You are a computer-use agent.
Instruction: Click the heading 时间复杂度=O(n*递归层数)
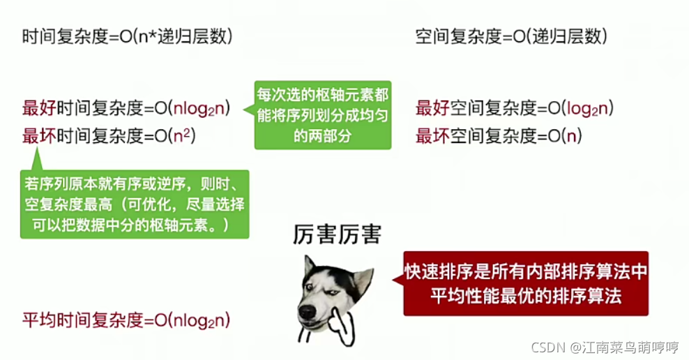(127, 36)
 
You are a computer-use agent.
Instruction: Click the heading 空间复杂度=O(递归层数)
(511, 36)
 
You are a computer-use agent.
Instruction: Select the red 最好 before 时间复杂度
(39, 108)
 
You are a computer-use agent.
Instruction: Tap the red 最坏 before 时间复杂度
(39, 136)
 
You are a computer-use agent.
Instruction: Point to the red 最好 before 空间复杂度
(432, 108)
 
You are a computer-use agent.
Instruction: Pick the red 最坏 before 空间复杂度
(432, 136)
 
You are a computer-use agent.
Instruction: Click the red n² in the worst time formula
(182, 135)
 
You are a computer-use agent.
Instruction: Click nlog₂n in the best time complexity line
(199, 109)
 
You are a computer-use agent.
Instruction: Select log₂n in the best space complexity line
(587, 109)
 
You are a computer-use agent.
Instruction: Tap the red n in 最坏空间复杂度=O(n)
(571, 137)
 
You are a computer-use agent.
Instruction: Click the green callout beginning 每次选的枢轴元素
(322, 115)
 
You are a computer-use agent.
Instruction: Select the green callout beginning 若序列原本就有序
(135, 204)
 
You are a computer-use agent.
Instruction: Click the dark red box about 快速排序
(526, 283)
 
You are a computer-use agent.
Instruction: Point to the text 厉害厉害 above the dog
(337, 234)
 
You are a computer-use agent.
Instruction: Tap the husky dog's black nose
(307, 313)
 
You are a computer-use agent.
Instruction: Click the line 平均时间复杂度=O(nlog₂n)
(126, 320)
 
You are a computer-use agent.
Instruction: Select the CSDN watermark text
(605, 347)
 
